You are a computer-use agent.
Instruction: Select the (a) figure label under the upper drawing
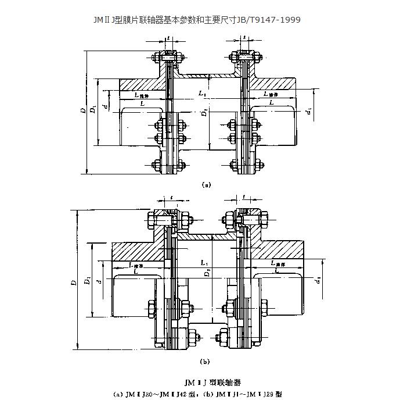[x=205, y=185]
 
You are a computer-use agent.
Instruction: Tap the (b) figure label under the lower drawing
[x=204, y=361]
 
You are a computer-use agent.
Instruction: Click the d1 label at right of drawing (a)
[x=309, y=109]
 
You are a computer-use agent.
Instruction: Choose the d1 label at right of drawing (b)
[x=319, y=280]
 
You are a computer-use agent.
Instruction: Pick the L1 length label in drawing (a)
[x=202, y=93]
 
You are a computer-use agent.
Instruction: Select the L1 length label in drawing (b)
[x=203, y=263]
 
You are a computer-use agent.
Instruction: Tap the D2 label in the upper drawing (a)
[x=204, y=112]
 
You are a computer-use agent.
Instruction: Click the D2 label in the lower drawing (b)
[x=207, y=272]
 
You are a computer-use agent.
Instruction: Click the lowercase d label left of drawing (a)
[x=104, y=107]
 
